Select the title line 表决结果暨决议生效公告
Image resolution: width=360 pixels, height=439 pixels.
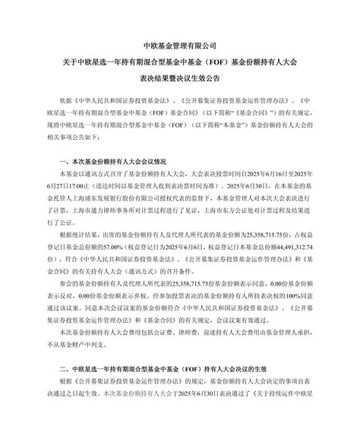click(179, 77)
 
